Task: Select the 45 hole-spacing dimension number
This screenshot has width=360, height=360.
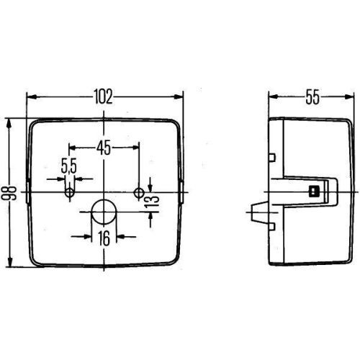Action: click(x=104, y=148)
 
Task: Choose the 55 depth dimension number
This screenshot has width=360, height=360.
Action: click(x=312, y=96)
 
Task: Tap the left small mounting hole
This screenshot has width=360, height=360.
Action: click(x=70, y=193)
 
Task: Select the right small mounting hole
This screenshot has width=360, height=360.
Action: click(x=139, y=192)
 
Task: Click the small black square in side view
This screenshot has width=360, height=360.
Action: click(x=313, y=192)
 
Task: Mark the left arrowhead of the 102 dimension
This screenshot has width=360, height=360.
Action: click(x=30, y=96)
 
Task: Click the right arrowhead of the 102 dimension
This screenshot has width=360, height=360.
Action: click(x=180, y=96)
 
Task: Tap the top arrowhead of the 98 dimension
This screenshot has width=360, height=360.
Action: click(x=10, y=122)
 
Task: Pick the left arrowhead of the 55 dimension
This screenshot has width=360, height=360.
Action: click(x=271, y=96)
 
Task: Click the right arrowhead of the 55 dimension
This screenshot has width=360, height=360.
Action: click(x=353, y=96)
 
